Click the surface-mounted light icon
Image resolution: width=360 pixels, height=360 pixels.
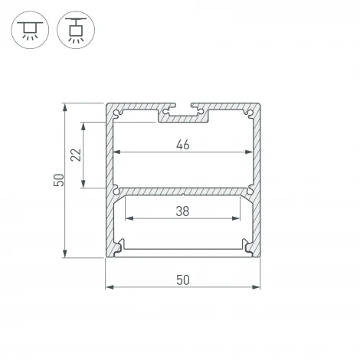28,29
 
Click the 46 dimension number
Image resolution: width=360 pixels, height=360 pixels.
182,144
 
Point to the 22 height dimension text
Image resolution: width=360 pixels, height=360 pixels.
75,155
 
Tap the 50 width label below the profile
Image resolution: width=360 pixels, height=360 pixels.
182,280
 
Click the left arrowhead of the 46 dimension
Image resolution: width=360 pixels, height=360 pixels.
116,152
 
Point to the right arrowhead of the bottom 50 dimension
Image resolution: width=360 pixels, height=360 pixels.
256,288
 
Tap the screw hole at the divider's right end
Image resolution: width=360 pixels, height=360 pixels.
249,189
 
